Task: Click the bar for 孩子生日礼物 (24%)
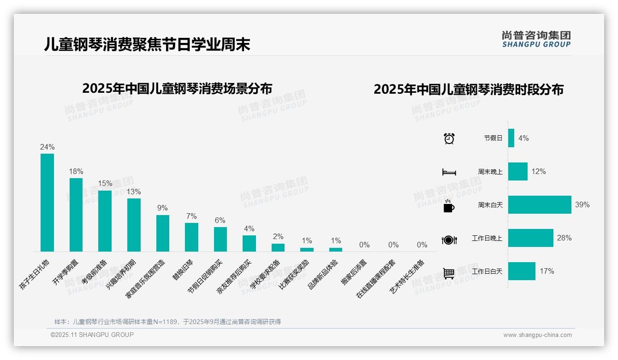pyautogui.click(x=47, y=203)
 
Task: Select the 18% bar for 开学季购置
pyautogui.click(x=76, y=215)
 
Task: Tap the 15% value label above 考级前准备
pyautogui.click(x=105, y=183)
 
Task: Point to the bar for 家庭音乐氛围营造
pyautogui.click(x=162, y=233)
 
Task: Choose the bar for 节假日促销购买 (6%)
pyautogui.click(x=220, y=239)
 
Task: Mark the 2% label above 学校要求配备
pyautogui.click(x=278, y=236)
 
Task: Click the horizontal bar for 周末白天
pyautogui.click(x=539, y=204)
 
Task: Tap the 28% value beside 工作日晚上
pyautogui.click(x=564, y=238)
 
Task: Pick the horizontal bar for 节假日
pyautogui.click(x=511, y=138)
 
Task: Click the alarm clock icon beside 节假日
pyautogui.click(x=449, y=138)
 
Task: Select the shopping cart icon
pyautogui.click(x=449, y=273)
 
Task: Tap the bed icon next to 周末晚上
pyautogui.click(x=449, y=172)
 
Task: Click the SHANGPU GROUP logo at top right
pyautogui.click(x=536, y=39)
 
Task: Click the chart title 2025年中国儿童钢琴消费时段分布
pyautogui.click(x=469, y=90)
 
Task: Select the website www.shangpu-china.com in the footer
pyautogui.click(x=537, y=335)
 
